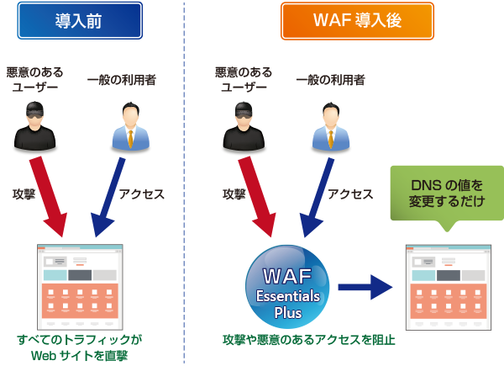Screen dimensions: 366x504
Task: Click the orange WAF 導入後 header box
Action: [357, 20]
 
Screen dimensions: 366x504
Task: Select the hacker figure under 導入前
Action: [33, 126]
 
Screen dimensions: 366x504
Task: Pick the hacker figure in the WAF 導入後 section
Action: [237, 126]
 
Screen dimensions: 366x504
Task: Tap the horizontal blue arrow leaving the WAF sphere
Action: [365, 287]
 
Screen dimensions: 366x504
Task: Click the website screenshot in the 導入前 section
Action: [80, 286]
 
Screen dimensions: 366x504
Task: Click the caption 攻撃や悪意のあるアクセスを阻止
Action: [308, 341]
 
